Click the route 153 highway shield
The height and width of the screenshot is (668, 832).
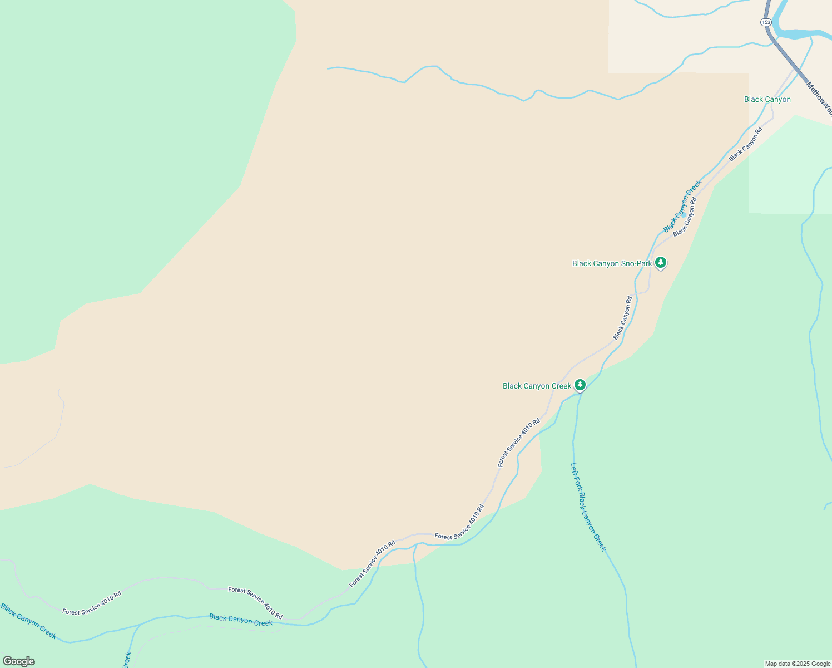tap(766, 22)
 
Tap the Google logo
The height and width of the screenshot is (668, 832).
tap(19, 661)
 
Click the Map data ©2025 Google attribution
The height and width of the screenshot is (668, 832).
tap(798, 664)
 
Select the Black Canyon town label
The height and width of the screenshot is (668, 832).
tap(767, 100)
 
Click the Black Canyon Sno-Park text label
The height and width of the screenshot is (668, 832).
tap(611, 263)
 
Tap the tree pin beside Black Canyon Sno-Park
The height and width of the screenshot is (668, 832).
tap(660, 262)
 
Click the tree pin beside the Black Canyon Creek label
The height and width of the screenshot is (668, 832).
tap(580, 385)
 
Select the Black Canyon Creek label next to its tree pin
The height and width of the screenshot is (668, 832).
tap(537, 386)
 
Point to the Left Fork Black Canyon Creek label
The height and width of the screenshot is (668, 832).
tap(588, 507)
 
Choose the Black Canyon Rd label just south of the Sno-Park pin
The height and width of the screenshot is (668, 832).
tap(623, 317)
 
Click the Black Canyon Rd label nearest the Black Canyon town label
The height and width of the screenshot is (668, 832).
tap(745, 144)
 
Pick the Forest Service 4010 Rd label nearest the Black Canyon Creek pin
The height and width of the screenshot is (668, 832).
tap(519, 442)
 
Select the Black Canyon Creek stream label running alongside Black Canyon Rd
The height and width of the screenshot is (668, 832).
tap(682, 206)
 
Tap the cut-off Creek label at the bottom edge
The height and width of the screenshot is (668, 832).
tap(127, 660)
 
